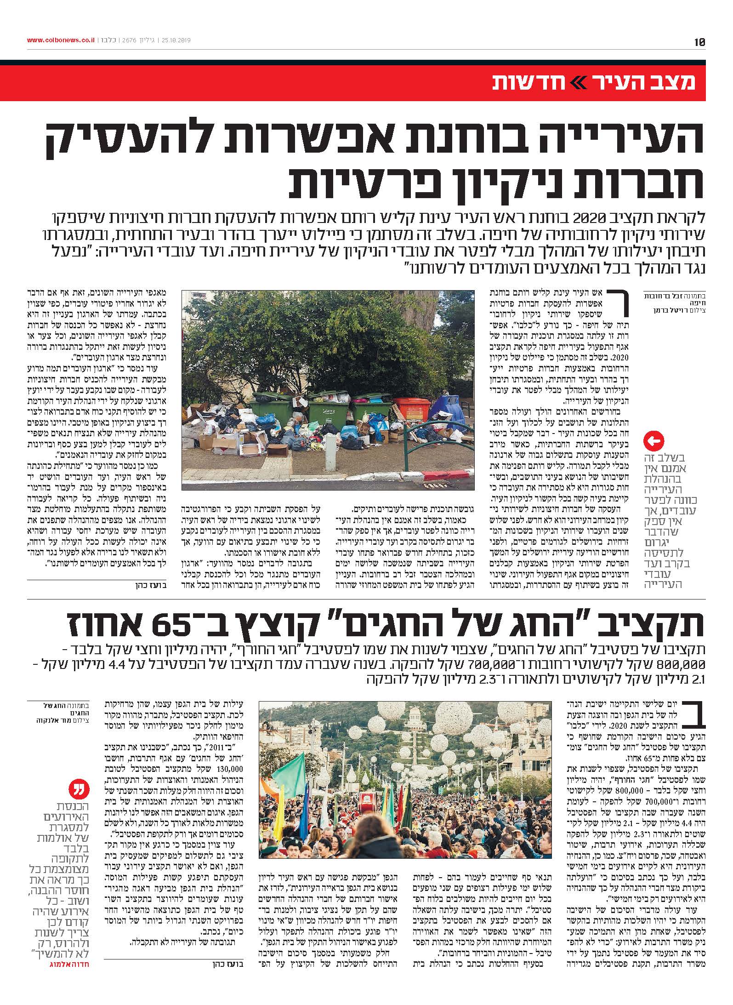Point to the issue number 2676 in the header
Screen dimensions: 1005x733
(x=130, y=40)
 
